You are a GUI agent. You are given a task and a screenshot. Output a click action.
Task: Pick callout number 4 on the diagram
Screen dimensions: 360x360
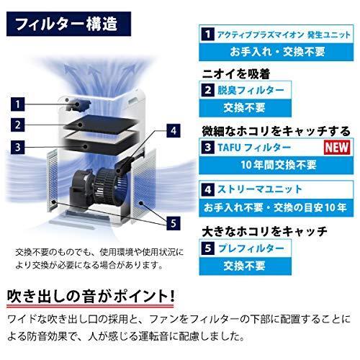pos(173,132)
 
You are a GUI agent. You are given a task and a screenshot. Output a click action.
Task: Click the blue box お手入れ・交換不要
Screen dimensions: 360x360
pos(277,51)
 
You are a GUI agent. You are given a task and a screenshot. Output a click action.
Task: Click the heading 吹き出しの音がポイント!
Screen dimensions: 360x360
pos(91,297)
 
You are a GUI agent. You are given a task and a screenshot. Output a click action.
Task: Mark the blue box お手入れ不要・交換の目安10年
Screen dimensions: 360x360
pos(277,209)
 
